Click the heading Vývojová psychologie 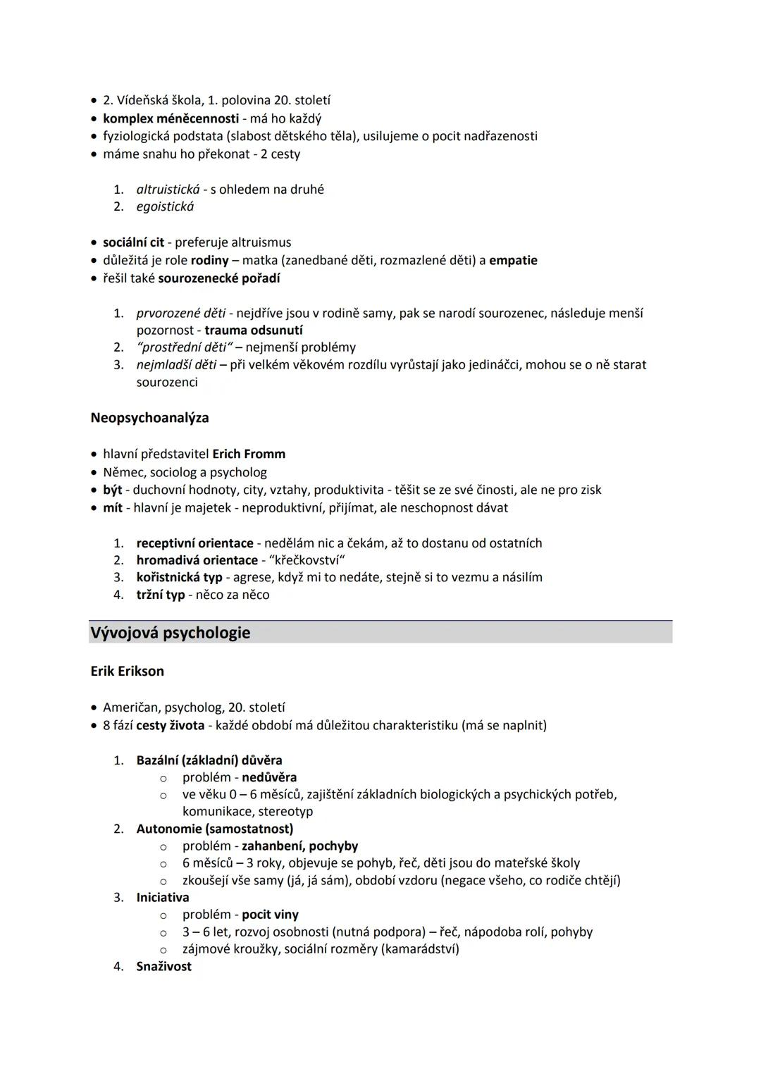pos(170,633)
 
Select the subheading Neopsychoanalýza pos(149,418)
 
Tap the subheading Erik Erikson pos(127,672)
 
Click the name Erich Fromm pos(249,454)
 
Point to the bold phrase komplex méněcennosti pos(171,118)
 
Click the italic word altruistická pos(168,189)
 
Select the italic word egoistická pos(165,206)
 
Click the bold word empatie pos(513,260)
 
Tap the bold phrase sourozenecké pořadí pos(218,278)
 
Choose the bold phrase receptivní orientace pos(194,543)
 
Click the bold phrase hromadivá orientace pos(197,560)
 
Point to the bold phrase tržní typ pos(160,595)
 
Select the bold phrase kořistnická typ pos(179,577)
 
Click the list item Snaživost pos(163,966)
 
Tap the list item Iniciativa pos(162,897)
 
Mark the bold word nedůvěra pos(269,777)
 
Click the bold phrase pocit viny pos(270,915)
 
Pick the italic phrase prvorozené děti pos(181,313)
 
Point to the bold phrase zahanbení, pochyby pos(299,846)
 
